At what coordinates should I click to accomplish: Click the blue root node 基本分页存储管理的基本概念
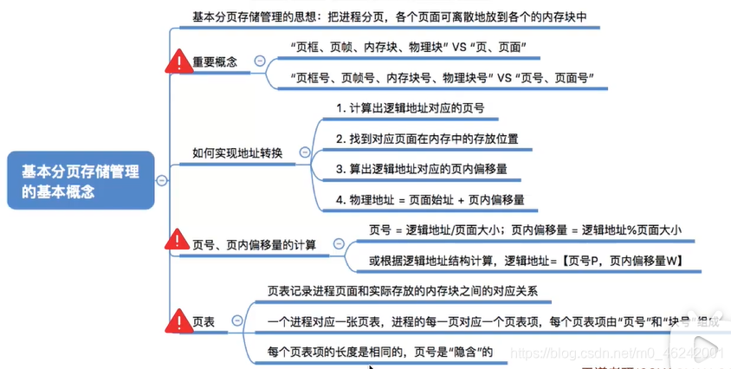pyautogui.click(x=81, y=181)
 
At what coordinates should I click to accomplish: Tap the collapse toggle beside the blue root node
pyautogui.click(x=162, y=180)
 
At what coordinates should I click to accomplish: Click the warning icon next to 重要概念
pyautogui.click(x=179, y=61)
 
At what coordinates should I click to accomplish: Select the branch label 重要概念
pyautogui.click(x=214, y=61)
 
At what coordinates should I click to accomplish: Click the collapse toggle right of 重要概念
pyautogui.click(x=258, y=61)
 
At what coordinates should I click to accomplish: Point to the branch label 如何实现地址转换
pyautogui.click(x=237, y=153)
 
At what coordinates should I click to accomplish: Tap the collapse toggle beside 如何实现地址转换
pyautogui.click(x=304, y=153)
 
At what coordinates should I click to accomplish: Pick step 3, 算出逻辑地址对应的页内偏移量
pyautogui.click(x=421, y=169)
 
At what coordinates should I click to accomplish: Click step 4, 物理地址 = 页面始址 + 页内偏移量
pyautogui.click(x=430, y=199)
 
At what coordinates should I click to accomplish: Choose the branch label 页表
pyautogui.click(x=205, y=321)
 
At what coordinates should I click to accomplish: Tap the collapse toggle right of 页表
pyautogui.click(x=236, y=321)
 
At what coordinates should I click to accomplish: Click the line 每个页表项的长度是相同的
pyautogui.click(x=380, y=352)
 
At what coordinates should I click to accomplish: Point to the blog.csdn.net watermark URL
pyautogui.click(x=618, y=353)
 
